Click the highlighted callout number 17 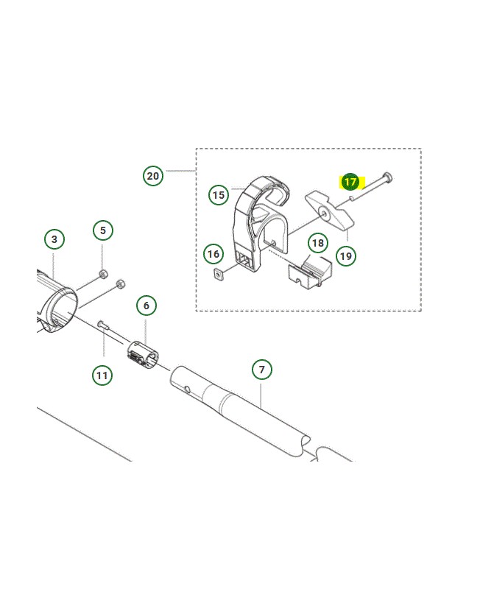pyautogui.click(x=350, y=182)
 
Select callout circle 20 pyautogui.click(x=153, y=176)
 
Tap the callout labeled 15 pyautogui.click(x=218, y=195)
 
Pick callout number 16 pyautogui.click(x=213, y=254)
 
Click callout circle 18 pyautogui.click(x=318, y=243)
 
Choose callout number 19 pyautogui.click(x=345, y=256)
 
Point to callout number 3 pyautogui.click(x=54, y=239)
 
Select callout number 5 pyautogui.click(x=103, y=230)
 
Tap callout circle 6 pyautogui.click(x=146, y=306)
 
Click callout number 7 pyautogui.click(x=262, y=370)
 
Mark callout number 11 pyautogui.click(x=102, y=375)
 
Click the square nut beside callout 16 pyautogui.click(x=218, y=275)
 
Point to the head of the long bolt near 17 pyautogui.click(x=387, y=176)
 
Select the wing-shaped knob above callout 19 pyautogui.click(x=329, y=210)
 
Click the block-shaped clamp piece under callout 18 pyautogui.click(x=310, y=273)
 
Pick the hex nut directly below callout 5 pyautogui.click(x=103, y=273)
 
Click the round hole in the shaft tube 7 pyautogui.click(x=188, y=388)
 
